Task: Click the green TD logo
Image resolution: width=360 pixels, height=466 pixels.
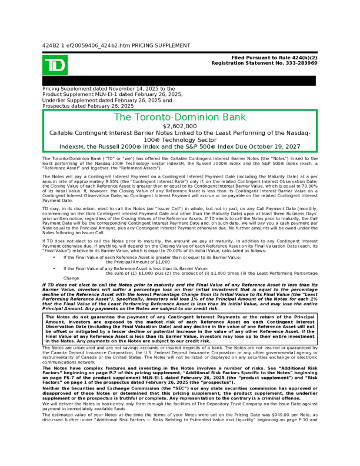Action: click(x=55, y=65)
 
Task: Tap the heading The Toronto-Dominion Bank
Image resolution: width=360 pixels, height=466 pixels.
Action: click(x=179, y=117)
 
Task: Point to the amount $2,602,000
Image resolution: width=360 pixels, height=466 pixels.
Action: click(x=180, y=126)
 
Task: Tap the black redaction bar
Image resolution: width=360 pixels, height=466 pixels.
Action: click(x=180, y=81)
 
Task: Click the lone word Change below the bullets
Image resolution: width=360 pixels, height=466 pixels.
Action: click(x=71, y=278)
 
